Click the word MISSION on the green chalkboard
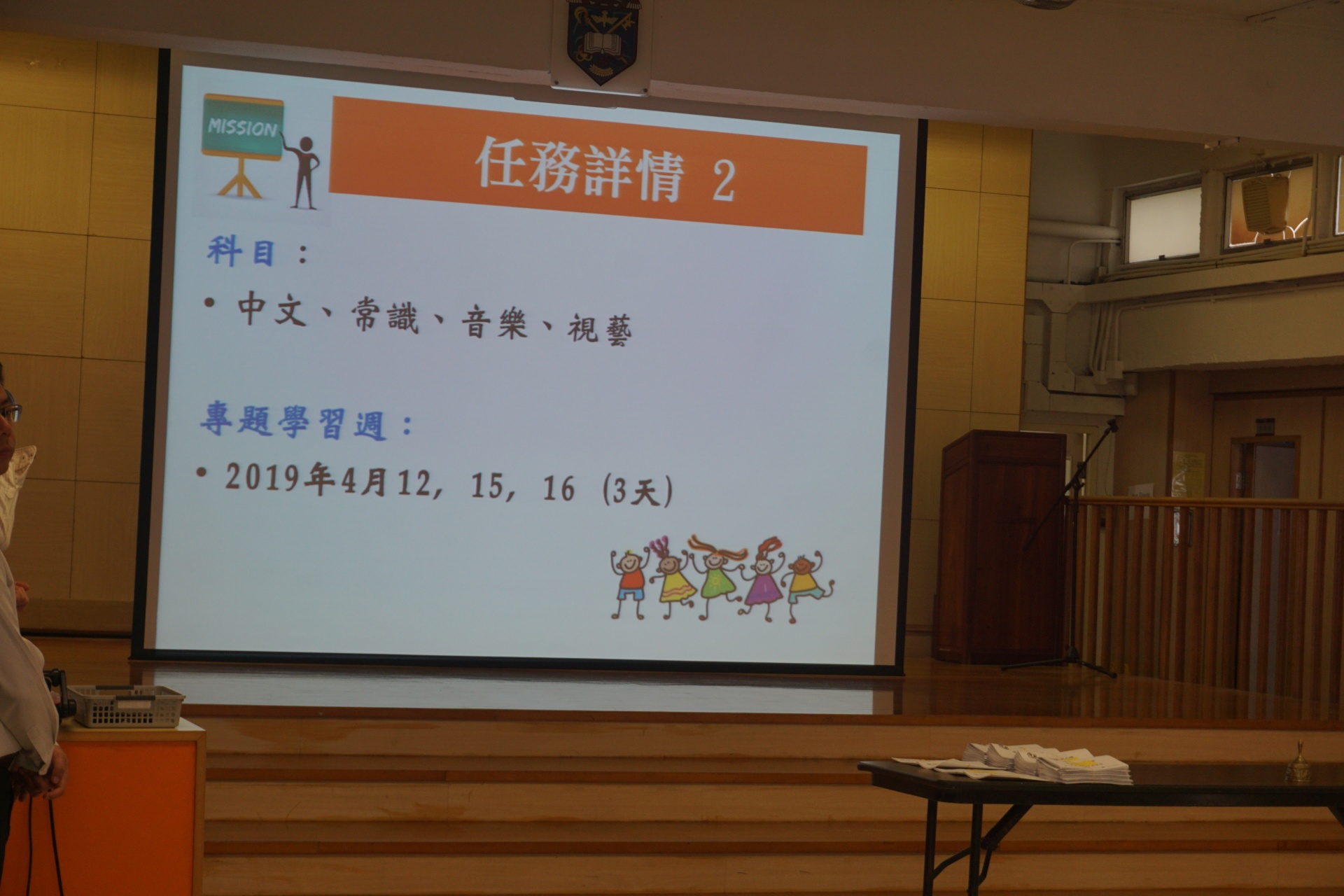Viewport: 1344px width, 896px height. (x=242, y=128)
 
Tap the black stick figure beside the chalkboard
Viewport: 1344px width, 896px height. (x=303, y=171)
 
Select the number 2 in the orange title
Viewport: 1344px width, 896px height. (x=724, y=180)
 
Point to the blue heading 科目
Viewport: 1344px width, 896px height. (x=241, y=251)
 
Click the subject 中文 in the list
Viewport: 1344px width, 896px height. (x=272, y=309)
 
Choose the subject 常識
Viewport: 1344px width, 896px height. (x=384, y=316)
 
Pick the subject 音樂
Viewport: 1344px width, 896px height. (x=494, y=323)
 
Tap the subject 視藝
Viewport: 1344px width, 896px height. (x=600, y=329)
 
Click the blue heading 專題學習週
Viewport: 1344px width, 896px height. (x=293, y=422)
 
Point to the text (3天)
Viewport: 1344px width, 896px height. (x=638, y=491)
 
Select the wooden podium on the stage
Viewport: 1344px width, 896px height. (x=1002, y=547)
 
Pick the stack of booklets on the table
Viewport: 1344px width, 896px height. (x=1048, y=763)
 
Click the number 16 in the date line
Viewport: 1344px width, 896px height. (x=559, y=489)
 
